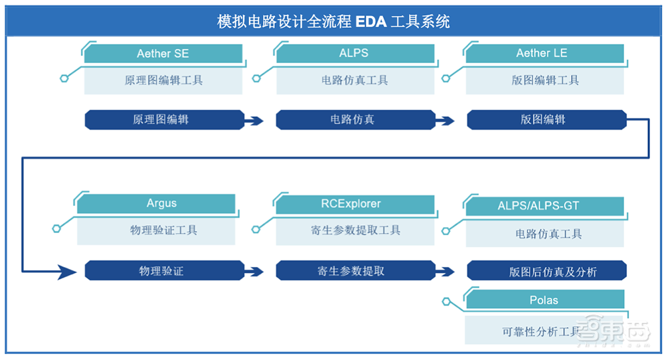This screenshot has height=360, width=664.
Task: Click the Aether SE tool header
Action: click(163, 54)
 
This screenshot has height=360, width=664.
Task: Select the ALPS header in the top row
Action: click(354, 54)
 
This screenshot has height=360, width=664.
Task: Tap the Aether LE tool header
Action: click(543, 54)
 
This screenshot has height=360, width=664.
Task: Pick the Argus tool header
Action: click(162, 203)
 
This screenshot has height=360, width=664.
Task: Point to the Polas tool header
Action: click(544, 300)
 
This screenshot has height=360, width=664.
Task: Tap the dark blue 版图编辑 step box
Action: click(543, 120)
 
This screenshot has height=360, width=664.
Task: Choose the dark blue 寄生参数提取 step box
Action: click(351, 270)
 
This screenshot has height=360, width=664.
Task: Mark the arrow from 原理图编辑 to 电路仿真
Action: click(254, 121)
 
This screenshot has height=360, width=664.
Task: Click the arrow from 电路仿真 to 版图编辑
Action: click(445, 121)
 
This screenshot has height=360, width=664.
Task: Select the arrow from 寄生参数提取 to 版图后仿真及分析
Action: click(445, 271)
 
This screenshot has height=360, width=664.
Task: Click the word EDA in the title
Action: click(371, 21)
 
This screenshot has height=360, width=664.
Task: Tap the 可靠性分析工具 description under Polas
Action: click(542, 329)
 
